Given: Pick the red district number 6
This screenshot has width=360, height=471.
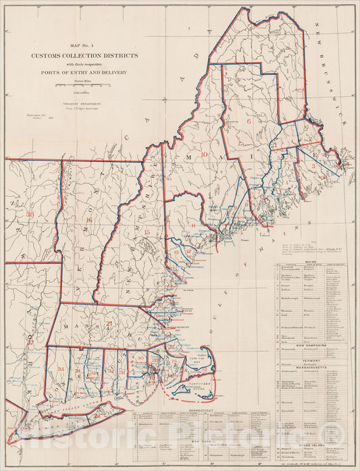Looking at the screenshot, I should coord(249,121).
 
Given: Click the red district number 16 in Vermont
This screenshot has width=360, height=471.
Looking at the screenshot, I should coord(88,220).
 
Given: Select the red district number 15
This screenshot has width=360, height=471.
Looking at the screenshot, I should coord(147,233).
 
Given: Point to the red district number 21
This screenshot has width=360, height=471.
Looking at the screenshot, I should coord(109,325).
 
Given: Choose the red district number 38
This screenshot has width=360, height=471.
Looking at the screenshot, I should coord(30,215).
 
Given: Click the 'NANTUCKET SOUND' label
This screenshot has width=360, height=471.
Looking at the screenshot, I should coord(206,388).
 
